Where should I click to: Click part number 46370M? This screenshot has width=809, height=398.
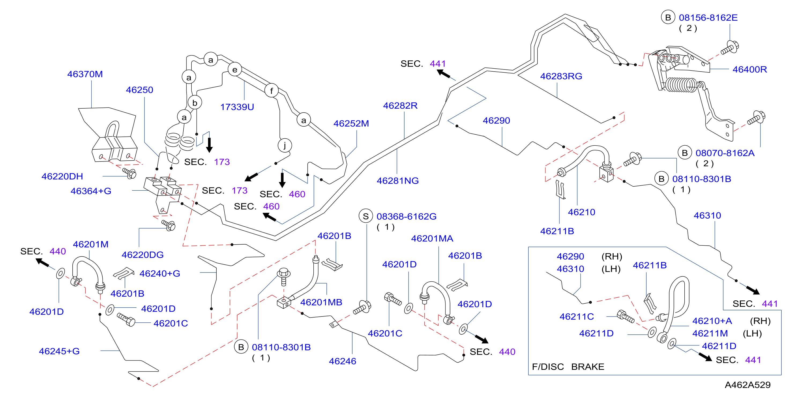pyautogui.click(x=85, y=74)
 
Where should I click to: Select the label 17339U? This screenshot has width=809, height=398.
pyautogui.click(x=237, y=107)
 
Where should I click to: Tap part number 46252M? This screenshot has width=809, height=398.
pyautogui.click(x=351, y=123)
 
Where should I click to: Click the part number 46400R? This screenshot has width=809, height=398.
pyautogui.click(x=750, y=69)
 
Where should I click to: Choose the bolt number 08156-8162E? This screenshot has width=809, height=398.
pyautogui.click(x=708, y=18)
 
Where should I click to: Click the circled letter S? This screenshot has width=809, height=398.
pyautogui.click(x=366, y=216)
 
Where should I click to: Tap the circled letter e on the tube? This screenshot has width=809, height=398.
pyautogui.click(x=235, y=70)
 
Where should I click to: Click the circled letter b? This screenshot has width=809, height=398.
pyautogui.click(x=195, y=103)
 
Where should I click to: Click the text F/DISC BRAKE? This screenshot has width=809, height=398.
pyautogui.click(x=568, y=367)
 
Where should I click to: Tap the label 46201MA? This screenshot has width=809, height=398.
pyautogui.click(x=432, y=238)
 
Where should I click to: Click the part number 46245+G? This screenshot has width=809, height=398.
pyautogui.click(x=59, y=351)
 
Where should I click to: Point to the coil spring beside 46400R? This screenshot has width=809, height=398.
pyautogui.click(x=681, y=85)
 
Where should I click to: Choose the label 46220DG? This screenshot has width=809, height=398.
pyautogui.click(x=143, y=255)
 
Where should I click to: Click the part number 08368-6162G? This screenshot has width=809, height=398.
pyautogui.click(x=406, y=216)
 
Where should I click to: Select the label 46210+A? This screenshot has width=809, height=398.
pyautogui.click(x=712, y=321)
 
